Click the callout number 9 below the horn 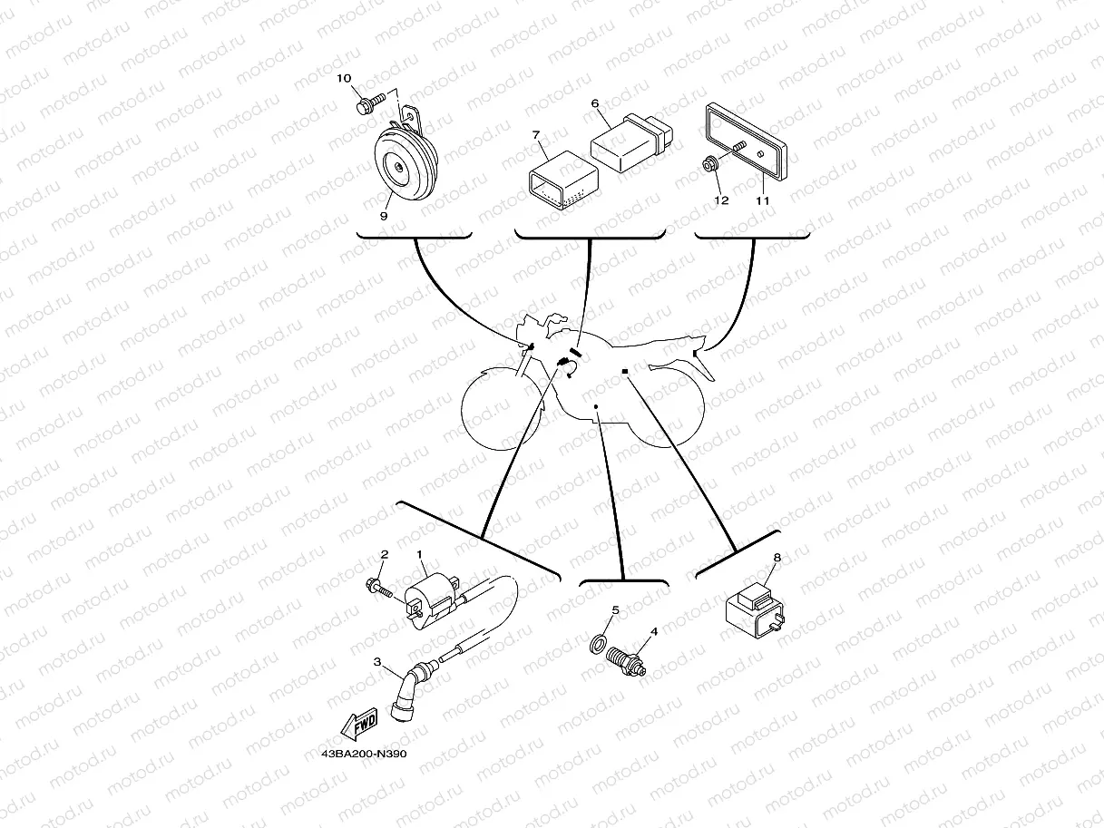click(384, 216)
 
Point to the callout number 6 click(596, 104)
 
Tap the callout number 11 click(762, 200)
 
